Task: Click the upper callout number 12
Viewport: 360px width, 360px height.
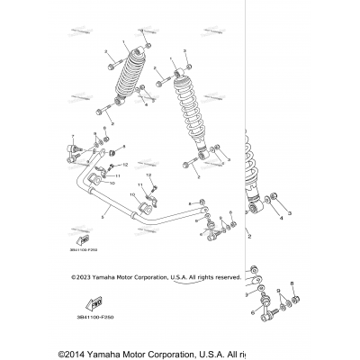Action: point(126,164)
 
